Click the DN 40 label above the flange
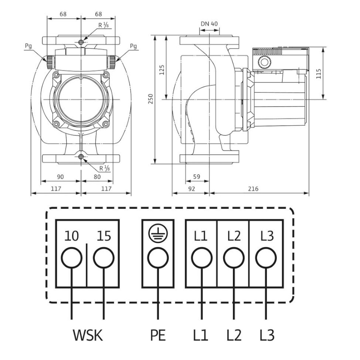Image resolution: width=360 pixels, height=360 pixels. pyautogui.click(x=209, y=24)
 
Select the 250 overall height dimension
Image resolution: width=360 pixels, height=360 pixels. pyautogui.click(x=150, y=99)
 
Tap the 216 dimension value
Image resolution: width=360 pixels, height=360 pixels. pyautogui.click(x=253, y=189)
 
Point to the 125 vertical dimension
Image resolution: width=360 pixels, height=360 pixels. pyautogui.click(x=162, y=70)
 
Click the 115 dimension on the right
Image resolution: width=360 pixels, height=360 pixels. pyautogui.click(x=318, y=74)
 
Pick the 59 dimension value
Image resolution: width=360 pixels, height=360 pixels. pyautogui.click(x=196, y=176)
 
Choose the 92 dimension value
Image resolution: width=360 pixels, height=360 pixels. pyautogui.click(x=192, y=189)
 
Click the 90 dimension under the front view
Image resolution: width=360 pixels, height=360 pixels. pyautogui.click(x=60, y=177)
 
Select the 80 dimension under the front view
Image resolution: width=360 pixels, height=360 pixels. pyautogui.click(x=97, y=177)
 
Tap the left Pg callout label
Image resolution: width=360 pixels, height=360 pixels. pyautogui.click(x=28, y=46)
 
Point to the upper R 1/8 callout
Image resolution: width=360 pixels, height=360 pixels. pyautogui.click(x=103, y=25)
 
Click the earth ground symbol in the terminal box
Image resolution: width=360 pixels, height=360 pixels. pyautogui.click(x=158, y=234)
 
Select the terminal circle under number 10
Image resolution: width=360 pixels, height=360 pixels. pyautogui.click(x=72, y=257)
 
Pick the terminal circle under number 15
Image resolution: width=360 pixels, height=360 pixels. pyautogui.click(x=104, y=257)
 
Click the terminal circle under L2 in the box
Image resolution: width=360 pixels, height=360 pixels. pyautogui.click(x=234, y=257)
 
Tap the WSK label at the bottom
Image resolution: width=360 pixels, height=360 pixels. pyautogui.click(x=88, y=335)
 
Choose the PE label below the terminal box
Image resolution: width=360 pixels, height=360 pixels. pyautogui.click(x=158, y=335)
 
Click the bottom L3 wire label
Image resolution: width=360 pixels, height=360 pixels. pyautogui.click(x=267, y=335)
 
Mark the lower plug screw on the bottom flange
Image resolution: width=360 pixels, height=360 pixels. pyautogui.click(x=81, y=157)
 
